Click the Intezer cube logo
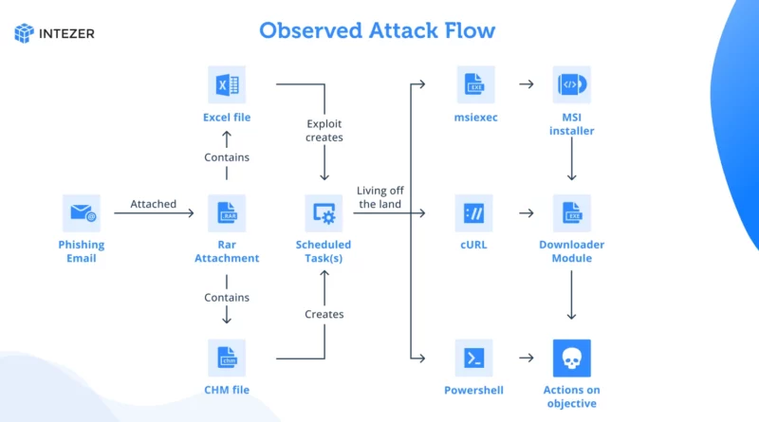coord(25,33)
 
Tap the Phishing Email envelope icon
coord(82,213)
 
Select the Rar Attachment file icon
coord(227,213)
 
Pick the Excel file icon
coord(227,84)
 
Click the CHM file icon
coord(227,358)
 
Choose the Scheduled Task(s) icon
coord(324,213)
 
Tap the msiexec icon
coord(475,84)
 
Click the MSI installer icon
coord(572,84)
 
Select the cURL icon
coord(473,213)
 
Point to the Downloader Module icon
coord(572,213)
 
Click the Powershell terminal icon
coord(473,358)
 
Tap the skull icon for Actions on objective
coord(572,358)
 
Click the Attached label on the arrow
coord(153,204)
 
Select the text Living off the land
coord(380,197)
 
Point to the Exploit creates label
coord(324,131)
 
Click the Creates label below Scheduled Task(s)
coord(324,315)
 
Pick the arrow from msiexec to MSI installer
coord(527,84)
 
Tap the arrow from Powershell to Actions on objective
coord(527,358)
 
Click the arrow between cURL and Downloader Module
coord(527,213)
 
